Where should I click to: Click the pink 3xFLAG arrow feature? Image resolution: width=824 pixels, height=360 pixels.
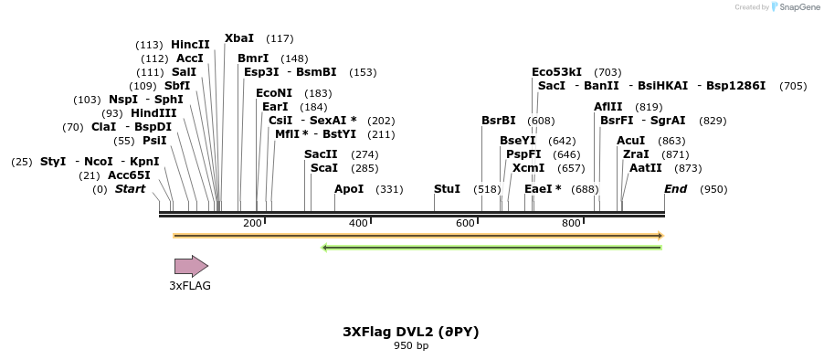pyautogui.click(x=191, y=266)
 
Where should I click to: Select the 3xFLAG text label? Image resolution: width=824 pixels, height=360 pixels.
pyautogui.click(x=190, y=286)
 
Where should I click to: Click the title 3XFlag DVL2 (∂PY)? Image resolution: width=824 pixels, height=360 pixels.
pyautogui.click(x=411, y=332)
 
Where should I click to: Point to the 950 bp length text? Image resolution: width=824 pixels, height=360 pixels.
pyautogui.click(x=411, y=346)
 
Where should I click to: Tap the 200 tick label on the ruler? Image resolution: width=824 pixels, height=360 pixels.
pyautogui.click(x=252, y=224)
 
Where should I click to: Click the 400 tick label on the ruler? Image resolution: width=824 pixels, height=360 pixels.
pyautogui.click(x=358, y=224)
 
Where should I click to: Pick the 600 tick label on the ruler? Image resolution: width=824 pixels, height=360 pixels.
pyautogui.click(x=465, y=224)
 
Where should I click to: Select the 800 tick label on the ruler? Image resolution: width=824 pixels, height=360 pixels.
pyautogui.click(x=571, y=224)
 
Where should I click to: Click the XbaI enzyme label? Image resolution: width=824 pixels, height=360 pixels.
pyautogui.click(x=239, y=38)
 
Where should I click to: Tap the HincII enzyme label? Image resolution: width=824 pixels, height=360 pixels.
pyautogui.click(x=190, y=44)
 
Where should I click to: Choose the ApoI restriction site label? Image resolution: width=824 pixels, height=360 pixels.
pyautogui.click(x=349, y=189)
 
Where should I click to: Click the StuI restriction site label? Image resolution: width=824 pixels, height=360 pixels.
pyautogui.click(x=447, y=189)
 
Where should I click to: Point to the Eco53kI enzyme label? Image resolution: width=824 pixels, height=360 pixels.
pyautogui.click(x=556, y=71)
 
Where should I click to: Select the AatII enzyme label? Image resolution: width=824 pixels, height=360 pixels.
pyautogui.click(x=646, y=168)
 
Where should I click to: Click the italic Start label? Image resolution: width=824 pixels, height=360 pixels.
pyautogui.click(x=130, y=189)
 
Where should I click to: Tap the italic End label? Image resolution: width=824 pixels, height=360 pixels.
pyautogui.click(x=676, y=189)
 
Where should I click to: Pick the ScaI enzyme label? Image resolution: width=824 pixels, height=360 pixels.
pyautogui.click(x=324, y=168)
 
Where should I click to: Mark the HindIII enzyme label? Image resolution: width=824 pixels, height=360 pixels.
pyautogui.click(x=153, y=113)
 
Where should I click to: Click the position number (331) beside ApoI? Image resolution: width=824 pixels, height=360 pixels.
pyautogui.click(x=390, y=189)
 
